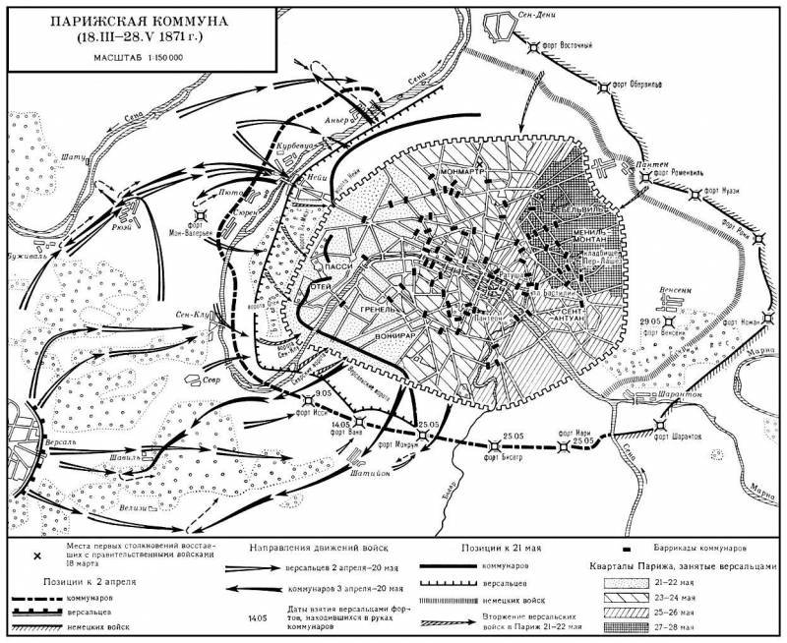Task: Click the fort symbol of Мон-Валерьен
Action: [x=201, y=215]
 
